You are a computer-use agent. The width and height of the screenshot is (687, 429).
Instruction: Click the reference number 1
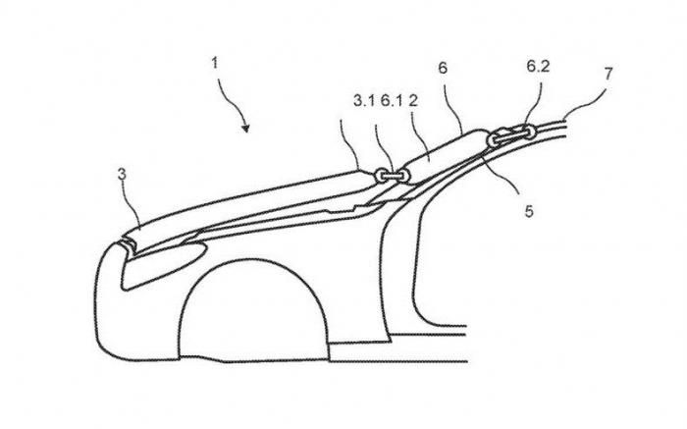(x=215, y=63)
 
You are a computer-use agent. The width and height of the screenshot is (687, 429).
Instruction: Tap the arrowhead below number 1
(x=245, y=128)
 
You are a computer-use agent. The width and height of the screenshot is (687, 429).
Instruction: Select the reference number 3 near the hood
(x=122, y=174)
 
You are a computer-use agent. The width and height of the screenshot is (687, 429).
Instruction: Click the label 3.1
(x=364, y=101)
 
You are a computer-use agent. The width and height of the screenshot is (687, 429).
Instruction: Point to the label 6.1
(x=392, y=101)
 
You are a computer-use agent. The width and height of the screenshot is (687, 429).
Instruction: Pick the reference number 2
(x=413, y=101)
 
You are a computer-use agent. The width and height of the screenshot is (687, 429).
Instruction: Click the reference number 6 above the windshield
(x=443, y=68)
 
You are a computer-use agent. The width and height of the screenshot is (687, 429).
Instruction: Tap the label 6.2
(x=538, y=66)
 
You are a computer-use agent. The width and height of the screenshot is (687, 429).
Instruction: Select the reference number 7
(x=608, y=74)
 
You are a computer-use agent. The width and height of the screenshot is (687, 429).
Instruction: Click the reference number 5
(x=529, y=212)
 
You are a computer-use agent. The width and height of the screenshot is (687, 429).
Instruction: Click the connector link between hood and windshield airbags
(x=393, y=176)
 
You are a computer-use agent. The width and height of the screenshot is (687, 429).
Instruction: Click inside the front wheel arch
(x=253, y=315)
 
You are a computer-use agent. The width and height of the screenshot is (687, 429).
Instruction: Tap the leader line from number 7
(x=585, y=103)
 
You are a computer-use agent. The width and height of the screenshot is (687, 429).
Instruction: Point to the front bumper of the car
(x=105, y=306)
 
